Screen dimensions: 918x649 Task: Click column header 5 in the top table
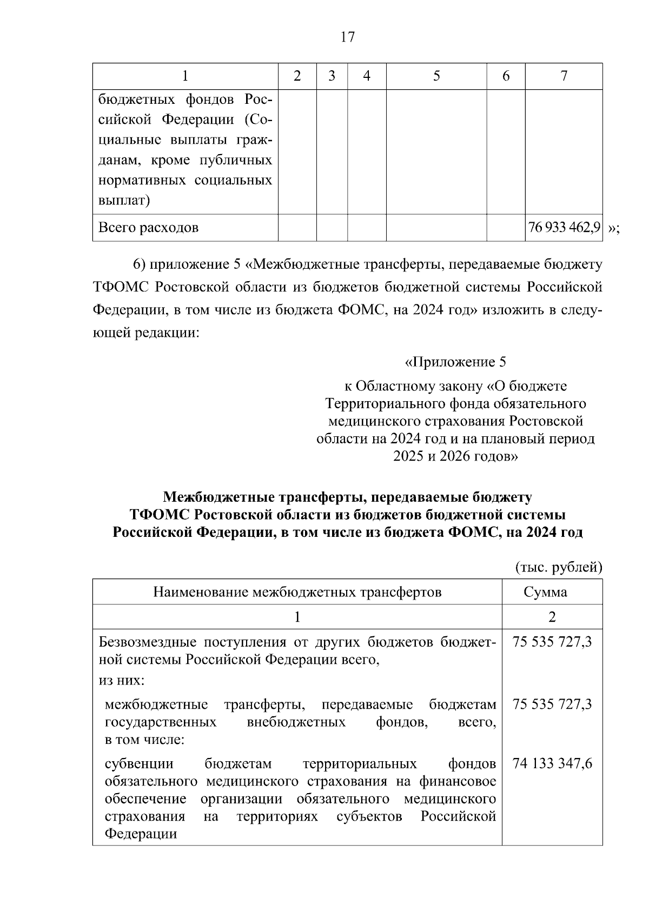coord(436,76)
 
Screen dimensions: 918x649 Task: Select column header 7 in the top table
coord(564,76)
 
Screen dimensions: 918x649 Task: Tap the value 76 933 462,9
coord(564,228)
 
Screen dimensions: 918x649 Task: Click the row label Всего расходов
coord(148,228)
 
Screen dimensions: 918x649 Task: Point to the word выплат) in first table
coord(124,201)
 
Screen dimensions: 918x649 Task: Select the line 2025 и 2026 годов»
coord(455,456)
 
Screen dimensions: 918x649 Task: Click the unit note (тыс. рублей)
coord(558,567)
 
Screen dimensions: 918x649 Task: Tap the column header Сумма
coord(552,592)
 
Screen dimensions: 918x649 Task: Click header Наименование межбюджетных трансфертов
coord(297,592)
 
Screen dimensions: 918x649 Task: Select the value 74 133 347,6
coord(552,763)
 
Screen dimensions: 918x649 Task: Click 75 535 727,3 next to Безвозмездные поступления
coord(552,642)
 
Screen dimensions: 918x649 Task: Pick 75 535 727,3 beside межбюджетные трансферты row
coord(552,704)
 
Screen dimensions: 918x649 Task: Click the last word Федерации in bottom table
coord(141,834)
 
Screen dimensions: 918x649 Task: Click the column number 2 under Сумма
coord(552,617)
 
